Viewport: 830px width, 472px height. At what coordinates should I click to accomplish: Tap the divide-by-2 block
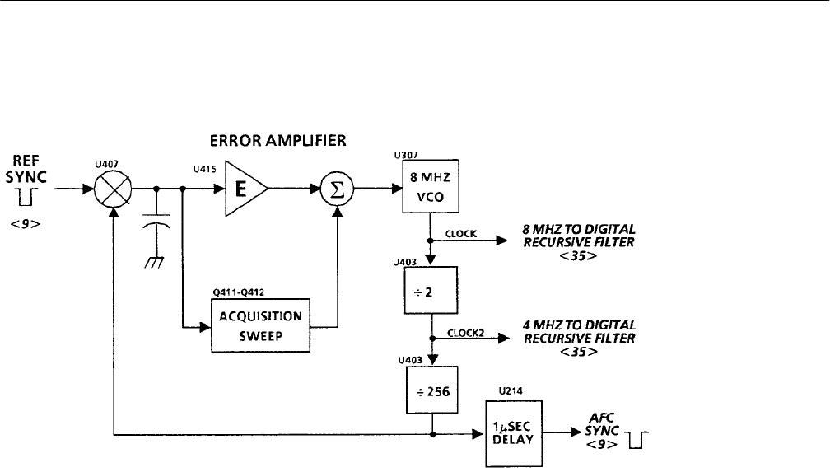click(x=429, y=290)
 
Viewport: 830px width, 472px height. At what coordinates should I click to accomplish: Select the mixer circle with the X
click(x=113, y=188)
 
